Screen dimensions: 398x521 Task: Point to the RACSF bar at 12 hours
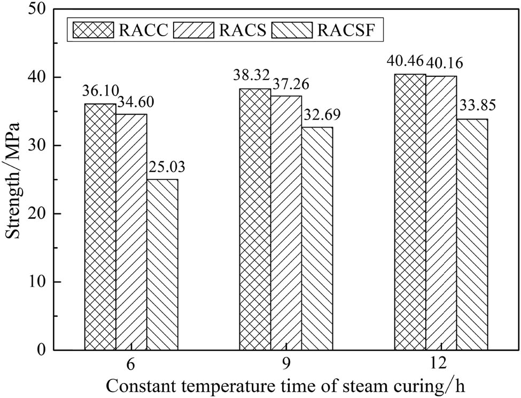pyautogui.click(x=472, y=235)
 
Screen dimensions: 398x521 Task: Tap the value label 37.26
pyautogui.click(x=288, y=85)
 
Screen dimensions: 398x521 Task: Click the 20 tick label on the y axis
pyautogui.click(x=45, y=213)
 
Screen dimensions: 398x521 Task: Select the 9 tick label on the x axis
pyautogui.click(x=286, y=364)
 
